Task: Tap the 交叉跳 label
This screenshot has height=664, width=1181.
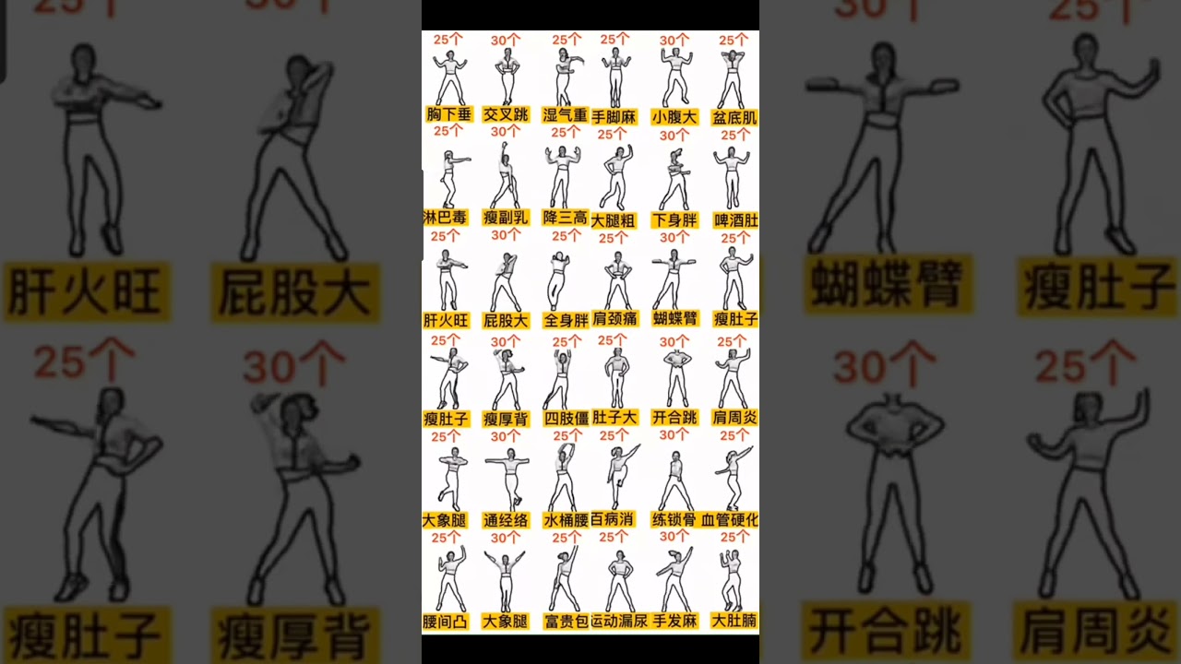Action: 506,115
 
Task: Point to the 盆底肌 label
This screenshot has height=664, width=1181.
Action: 734,118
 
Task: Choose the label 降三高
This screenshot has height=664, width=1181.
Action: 565,218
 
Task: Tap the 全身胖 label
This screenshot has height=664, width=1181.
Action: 565,321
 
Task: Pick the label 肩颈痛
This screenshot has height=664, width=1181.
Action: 615,318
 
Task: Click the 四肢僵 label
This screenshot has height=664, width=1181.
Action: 565,419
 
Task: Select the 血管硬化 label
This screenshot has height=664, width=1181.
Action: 731,520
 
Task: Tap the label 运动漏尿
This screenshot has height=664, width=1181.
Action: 617,621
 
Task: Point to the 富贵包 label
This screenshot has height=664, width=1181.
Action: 565,622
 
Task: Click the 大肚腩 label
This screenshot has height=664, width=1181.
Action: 734,621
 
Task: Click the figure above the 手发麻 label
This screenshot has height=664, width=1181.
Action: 675,577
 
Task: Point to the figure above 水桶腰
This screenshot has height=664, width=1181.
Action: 564,475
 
